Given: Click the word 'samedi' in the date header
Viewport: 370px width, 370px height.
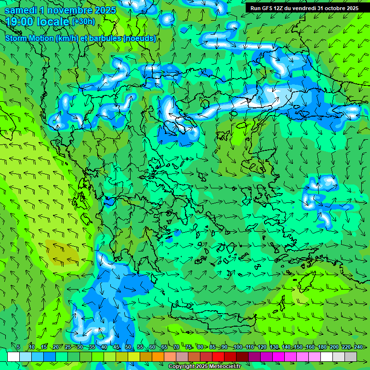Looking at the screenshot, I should coord(20,10).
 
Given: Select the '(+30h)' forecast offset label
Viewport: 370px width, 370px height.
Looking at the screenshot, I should coord(83,21).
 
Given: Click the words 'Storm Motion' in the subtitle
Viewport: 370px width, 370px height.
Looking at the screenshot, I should coord(29,39).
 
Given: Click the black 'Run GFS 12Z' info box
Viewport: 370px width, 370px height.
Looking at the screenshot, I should coord(304,8).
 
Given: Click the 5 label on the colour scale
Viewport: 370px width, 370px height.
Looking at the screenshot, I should coord(18,347).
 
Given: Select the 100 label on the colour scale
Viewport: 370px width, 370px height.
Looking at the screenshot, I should coord(238,347).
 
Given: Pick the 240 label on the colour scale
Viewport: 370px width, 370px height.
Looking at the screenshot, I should coord(358,347).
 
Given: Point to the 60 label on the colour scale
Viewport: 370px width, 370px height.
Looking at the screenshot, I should coord(152,347).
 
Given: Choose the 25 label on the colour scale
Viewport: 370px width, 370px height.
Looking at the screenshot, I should coord(68,347).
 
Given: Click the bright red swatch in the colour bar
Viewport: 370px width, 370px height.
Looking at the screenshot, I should coord(218,357).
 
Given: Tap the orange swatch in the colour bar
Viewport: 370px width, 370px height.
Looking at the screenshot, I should coord(158,357).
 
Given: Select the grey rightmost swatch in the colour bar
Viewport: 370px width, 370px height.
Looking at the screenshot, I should coord(351,357).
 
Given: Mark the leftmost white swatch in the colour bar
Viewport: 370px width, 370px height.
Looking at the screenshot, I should coord(13,357).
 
